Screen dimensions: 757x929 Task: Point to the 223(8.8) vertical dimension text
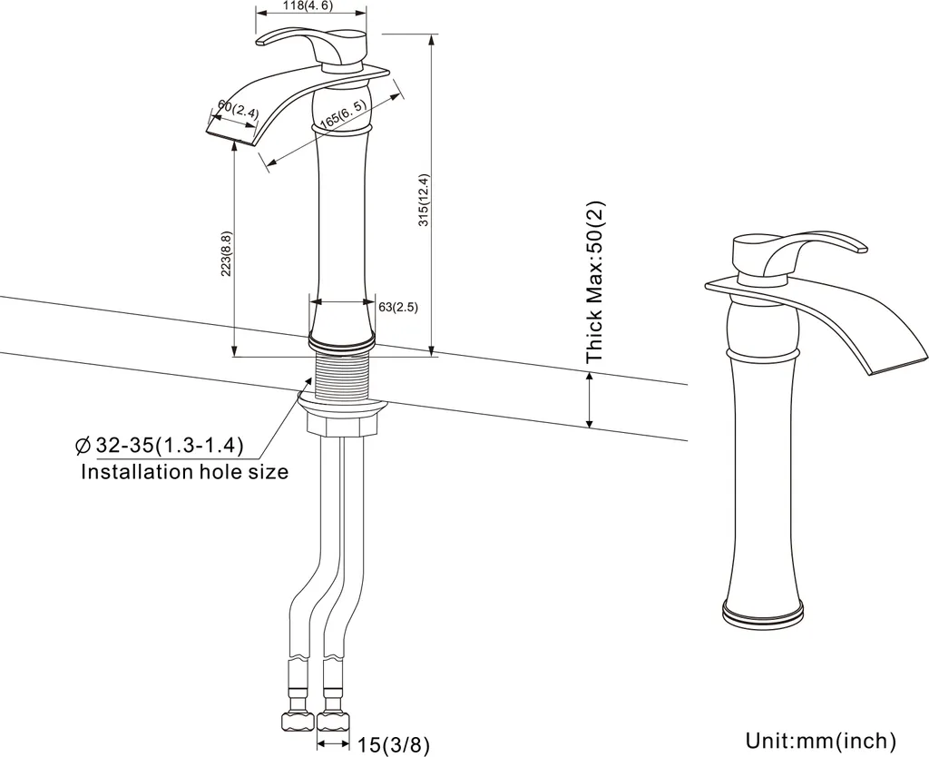click(227, 253)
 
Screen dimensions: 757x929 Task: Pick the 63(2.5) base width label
click(397, 308)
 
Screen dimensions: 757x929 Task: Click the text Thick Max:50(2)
click(596, 282)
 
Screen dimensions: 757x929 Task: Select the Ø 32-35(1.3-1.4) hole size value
click(161, 446)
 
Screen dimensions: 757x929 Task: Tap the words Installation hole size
click(184, 472)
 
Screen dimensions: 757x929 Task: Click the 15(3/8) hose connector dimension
click(392, 744)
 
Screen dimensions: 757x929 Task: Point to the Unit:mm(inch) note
click(821, 740)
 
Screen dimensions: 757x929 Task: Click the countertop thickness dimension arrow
click(591, 399)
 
